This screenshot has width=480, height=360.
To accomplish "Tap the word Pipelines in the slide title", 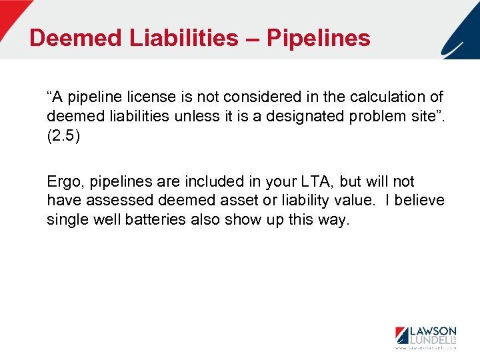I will pyautogui.click(x=319, y=38).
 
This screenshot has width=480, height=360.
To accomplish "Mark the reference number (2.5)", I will pyautogui.click(x=63, y=135).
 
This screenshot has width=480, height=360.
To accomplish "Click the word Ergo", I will pyautogui.click(x=63, y=181).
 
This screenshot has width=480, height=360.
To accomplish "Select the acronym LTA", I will pyautogui.click(x=311, y=181).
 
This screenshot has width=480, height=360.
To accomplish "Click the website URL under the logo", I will pyautogui.click(x=426, y=348).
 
